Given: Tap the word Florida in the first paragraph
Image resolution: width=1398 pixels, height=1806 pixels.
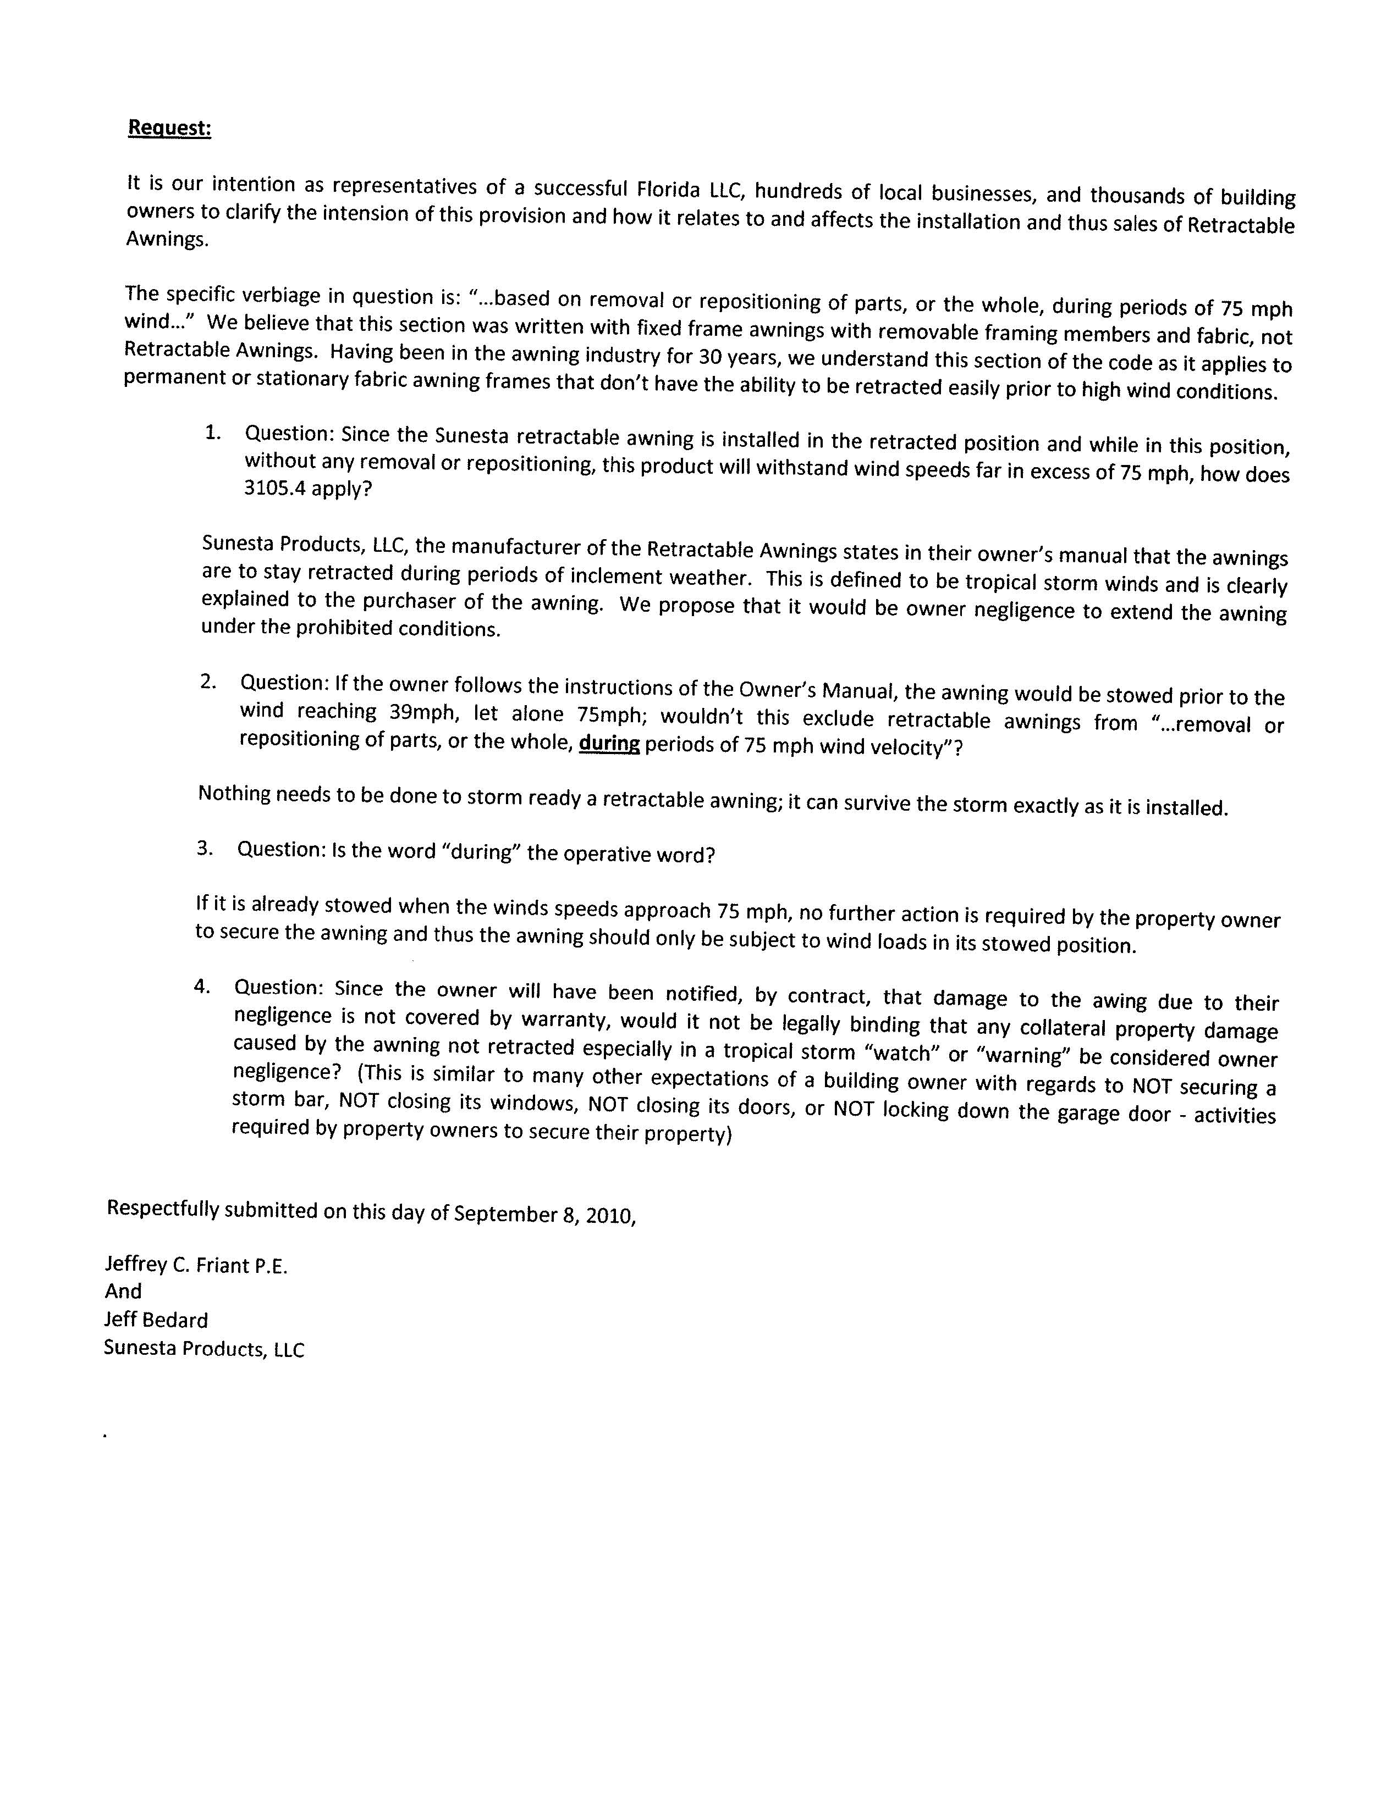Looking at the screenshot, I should tap(670, 190).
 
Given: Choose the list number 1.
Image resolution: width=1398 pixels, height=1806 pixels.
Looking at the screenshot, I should tap(213, 431).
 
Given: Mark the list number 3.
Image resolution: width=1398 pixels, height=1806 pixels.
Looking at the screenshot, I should tap(205, 847).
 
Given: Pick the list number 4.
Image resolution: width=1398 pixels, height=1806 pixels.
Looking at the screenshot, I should tap(201, 985).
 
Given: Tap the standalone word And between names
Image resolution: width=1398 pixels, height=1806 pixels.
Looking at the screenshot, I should tap(123, 1291).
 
